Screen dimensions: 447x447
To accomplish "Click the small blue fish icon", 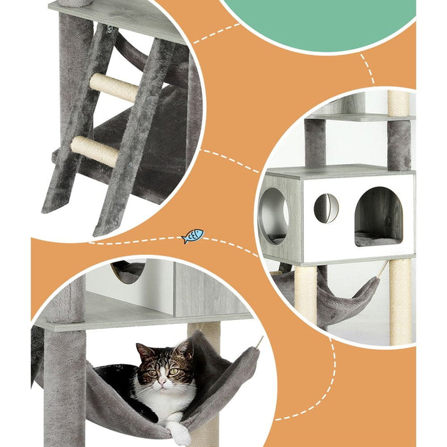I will pos(192,236).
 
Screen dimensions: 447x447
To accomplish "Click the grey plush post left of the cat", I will pos(64,383).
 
